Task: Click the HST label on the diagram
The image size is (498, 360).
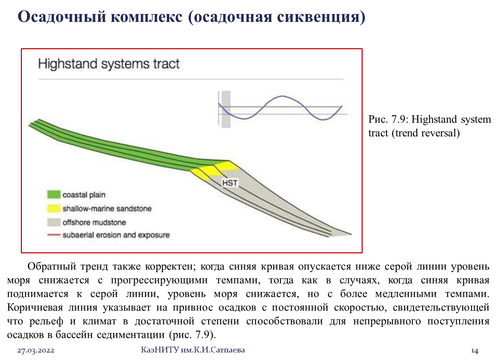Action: pyautogui.click(x=230, y=183)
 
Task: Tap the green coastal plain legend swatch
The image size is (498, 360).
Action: pyautogui.click(x=54, y=194)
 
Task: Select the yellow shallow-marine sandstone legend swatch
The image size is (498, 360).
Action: pyautogui.click(x=54, y=208)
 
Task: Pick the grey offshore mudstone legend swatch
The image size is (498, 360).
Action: pyautogui.click(x=54, y=222)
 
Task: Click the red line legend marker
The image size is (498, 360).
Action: pyautogui.click(x=54, y=235)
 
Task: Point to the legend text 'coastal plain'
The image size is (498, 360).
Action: pyautogui.click(x=84, y=195)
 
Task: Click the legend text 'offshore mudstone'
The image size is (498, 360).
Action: pyautogui.click(x=94, y=222)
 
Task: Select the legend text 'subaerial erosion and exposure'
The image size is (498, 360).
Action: pyautogui.click(x=116, y=235)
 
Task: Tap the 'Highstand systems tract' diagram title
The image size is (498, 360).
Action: pyautogui.click(x=109, y=64)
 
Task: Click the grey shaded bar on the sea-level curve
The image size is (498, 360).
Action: pyautogui.click(x=226, y=109)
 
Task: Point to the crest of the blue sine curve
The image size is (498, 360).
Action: pyautogui.click(x=282, y=96)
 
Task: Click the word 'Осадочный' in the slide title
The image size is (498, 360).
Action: pyautogui.click(x=62, y=17)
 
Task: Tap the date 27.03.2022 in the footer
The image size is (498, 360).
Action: pyautogui.click(x=36, y=350)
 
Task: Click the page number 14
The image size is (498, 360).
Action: pyautogui.click(x=475, y=351)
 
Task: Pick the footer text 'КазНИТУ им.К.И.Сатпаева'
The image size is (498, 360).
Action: pyautogui.click(x=193, y=350)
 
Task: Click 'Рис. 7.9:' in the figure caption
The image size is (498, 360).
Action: pyautogui.click(x=388, y=119)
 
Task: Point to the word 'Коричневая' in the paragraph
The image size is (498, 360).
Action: pyautogui.click(x=35, y=308)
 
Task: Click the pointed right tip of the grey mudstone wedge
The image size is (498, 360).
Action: pyautogui.click(x=351, y=234)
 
